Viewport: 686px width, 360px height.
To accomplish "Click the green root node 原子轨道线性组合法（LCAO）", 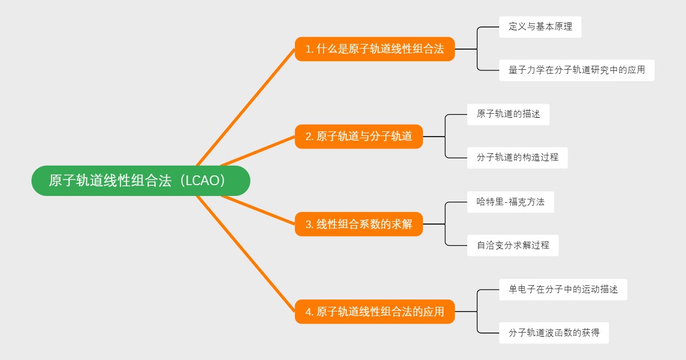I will click(141, 181).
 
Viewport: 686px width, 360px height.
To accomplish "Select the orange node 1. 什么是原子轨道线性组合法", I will click(374, 49).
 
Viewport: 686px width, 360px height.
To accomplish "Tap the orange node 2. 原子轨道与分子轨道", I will click(358, 137).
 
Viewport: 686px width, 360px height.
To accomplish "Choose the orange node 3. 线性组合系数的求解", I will click(358, 224).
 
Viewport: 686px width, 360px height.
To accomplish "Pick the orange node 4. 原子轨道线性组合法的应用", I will click(374, 311).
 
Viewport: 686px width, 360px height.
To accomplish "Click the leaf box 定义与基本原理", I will click(540, 27).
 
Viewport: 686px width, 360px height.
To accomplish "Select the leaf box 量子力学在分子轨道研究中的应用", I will click(576, 70).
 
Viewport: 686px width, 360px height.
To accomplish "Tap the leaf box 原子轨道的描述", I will click(508, 114).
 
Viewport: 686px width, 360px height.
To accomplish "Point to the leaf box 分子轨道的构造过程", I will click(517, 158).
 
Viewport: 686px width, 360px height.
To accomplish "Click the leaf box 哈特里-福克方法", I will click(510, 202).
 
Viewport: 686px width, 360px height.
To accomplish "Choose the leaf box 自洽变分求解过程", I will click(512, 245).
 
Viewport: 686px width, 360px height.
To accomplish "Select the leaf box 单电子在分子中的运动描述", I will click(563, 289).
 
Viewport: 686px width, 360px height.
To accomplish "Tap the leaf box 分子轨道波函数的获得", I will click(553, 333).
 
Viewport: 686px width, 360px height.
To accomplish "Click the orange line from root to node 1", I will click(246, 107).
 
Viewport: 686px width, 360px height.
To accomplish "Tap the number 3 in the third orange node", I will click(308, 225).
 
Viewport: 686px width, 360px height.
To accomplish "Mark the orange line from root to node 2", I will click(257, 151).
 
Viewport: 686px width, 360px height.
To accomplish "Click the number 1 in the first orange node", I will click(308, 50).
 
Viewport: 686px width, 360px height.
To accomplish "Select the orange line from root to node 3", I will click(257, 210).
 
